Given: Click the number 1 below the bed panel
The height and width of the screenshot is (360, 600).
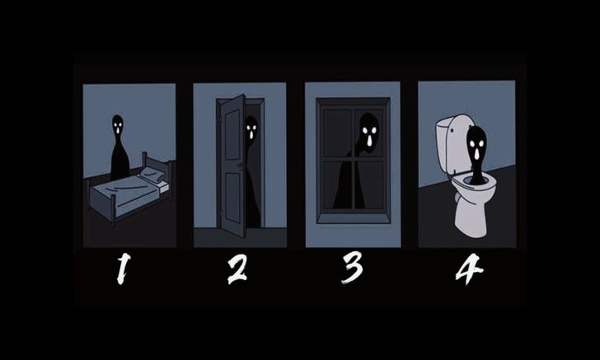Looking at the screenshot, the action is click(x=123, y=269).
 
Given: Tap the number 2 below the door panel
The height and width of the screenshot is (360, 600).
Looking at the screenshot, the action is click(x=237, y=269).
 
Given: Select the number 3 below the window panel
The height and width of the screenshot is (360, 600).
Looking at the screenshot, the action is click(x=352, y=268).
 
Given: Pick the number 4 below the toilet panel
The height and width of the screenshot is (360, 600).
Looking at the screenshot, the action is click(x=469, y=269).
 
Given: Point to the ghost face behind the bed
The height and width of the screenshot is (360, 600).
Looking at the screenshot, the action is click(x=118, y=124).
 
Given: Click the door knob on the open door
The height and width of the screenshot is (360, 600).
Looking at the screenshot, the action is click(x=240, y=166).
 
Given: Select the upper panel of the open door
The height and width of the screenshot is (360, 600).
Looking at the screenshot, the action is click(x=232, y=134).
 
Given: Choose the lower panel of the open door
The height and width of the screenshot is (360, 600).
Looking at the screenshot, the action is click(x=232, y=198).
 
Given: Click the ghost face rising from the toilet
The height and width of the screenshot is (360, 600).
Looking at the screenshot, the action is click(x=477, y=145).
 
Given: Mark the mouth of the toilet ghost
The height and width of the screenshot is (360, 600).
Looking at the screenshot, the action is click(x=476, y=154).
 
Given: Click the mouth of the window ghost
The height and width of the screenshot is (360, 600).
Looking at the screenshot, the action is click(x=369, y=141).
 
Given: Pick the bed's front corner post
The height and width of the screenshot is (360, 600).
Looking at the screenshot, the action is click(x=114, y=209).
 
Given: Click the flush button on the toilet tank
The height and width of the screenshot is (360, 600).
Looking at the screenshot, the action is click(x=452, y=130).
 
